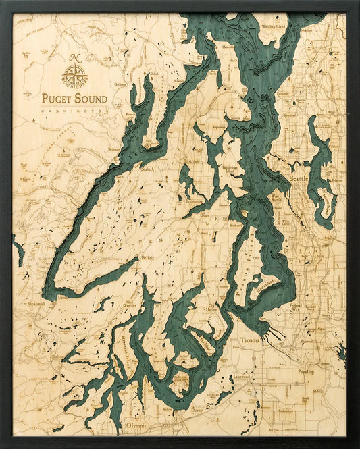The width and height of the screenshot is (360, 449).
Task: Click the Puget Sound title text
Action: point(74,99)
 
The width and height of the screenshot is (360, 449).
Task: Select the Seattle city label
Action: point(297,178)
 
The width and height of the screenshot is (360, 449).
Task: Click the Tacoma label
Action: point(250,342)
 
